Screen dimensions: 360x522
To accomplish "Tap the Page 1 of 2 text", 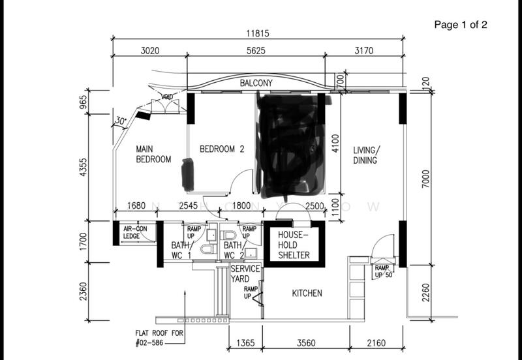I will point(461,25).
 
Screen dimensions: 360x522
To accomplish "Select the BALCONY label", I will point(256,83).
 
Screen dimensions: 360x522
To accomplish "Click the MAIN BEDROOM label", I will point(153,154).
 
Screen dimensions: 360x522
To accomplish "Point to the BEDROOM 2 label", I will point(221,149).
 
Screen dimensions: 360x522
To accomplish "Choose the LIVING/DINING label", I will point(365,155).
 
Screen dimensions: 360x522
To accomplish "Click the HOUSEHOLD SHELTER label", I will point(294,245).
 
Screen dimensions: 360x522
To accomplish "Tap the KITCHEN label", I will point(307,293).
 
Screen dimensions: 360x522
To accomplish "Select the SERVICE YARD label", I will point(245,273).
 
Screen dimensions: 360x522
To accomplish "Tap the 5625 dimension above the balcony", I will point(255,51).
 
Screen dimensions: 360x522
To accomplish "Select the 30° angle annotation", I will point(119,121).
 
